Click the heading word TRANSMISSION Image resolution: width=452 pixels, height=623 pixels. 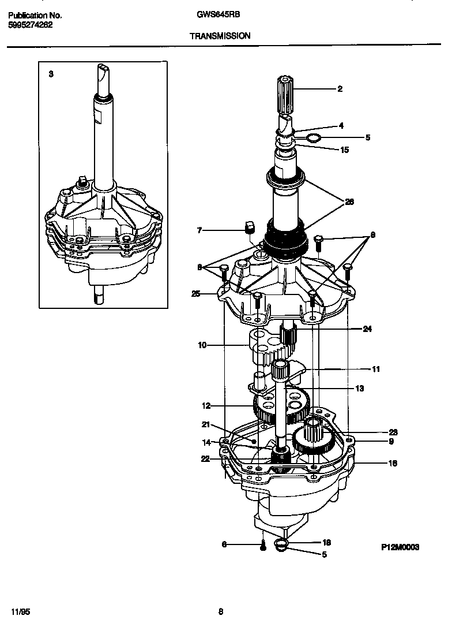coord(220,36)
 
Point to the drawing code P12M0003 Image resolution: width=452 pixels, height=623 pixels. coord(400,546)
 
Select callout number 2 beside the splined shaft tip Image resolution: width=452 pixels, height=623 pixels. coord(340,89)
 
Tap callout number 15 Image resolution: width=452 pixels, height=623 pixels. coord(344,150)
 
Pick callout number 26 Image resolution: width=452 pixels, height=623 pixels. coord(349,202)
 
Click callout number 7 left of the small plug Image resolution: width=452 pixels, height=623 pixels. coord(199,231)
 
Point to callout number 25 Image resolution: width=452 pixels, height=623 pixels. coord(195,294)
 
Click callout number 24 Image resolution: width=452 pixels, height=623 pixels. coord(367,329)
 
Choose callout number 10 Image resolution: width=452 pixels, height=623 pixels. coord(202,345)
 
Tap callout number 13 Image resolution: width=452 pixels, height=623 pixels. coord(359,389)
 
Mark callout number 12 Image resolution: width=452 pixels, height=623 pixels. coord(206,405)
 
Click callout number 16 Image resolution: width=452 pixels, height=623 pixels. coord(376,462)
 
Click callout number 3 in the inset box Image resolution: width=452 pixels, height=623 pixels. coord(51,74)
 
